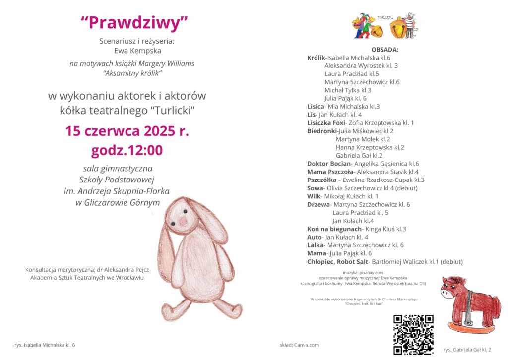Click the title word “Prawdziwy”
pos(134,22)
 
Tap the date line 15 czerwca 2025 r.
pos(127,131)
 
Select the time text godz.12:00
pos(127,150)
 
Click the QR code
pos(413,334)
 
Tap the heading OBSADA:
pos(384,50)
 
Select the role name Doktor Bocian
pos(329,164)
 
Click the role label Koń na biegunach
pos(335,229)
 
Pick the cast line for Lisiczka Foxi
pos(360,123)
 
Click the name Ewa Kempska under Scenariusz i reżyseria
pos(130,51)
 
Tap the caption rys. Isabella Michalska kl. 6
pos(45,345)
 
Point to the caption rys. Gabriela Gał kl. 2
pos(467,350)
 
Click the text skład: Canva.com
pos(299,345)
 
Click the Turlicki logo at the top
pos(385,26)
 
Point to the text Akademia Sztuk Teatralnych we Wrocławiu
pos(87,278)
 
